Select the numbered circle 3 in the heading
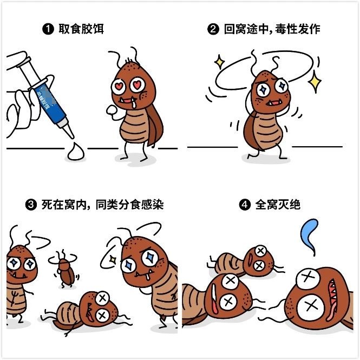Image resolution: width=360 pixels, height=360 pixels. click(31, 205)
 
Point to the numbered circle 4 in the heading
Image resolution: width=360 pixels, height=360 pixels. click(245, 205)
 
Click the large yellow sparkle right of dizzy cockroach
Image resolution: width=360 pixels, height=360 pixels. click(313, 82)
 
